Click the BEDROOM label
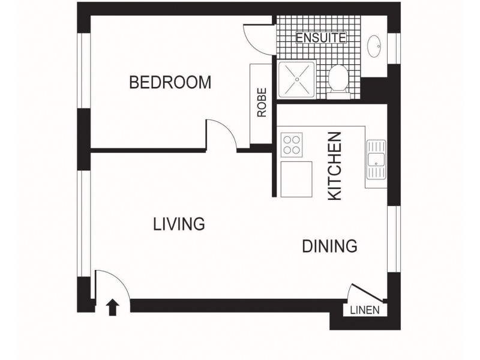click(170, 82)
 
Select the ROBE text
click(262, 103)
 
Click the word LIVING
click(179, 224)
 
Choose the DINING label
click(329, 246)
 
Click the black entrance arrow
click(112, 308)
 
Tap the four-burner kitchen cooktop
click(292, 145)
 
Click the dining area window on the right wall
click(392, 239)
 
